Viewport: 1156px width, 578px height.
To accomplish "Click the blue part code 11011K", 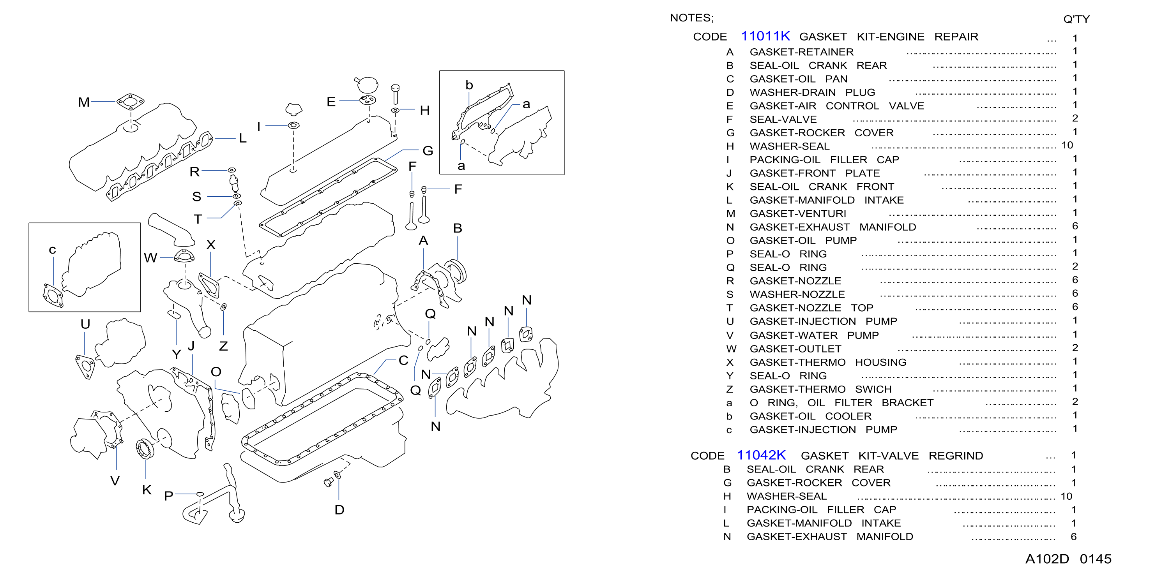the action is pyautogui.click(x=765, y=36).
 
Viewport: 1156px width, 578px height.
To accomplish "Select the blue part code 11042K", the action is pyautogui.click(x=761, y=455).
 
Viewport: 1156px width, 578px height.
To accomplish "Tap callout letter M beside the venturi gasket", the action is pyautogui.click(x=84, y=102).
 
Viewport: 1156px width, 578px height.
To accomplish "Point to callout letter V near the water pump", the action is pyautogui.click(x=115, y=481).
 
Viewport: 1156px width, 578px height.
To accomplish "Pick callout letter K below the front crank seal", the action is pyautogui.click(x=147, y=490).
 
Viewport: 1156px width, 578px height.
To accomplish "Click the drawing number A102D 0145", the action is pyautogui.click(x=1068, y=559).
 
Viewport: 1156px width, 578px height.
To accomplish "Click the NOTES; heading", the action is pyautogui.click(x=691, y=18).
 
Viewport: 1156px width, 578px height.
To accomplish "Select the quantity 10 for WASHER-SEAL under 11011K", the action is pyautogui.click(x=1067, y=145).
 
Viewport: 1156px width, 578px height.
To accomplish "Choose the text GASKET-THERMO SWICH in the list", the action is pyautogui.click(x=820, y=389).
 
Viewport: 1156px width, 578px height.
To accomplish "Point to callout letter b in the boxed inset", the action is pyautogui.click(x=469, y=85).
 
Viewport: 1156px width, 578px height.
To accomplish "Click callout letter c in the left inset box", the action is pyautogui.click(x=53, y=250).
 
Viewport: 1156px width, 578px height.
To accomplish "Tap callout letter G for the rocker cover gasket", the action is pyautogui.click(x=428, y=151).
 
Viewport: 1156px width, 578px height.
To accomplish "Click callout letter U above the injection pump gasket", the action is pyautogui.click(x=85, y=324).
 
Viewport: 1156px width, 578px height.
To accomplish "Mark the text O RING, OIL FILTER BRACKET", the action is pyautogui.click(x=841, y=403).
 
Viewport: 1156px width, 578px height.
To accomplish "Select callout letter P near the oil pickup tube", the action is pyautogui.click(x=169, y=496).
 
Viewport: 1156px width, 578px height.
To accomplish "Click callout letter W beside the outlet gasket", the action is pyautogui.click(x=151, y=258).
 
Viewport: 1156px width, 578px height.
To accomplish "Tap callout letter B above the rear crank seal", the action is pyautogui.click(x=457, y=228).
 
